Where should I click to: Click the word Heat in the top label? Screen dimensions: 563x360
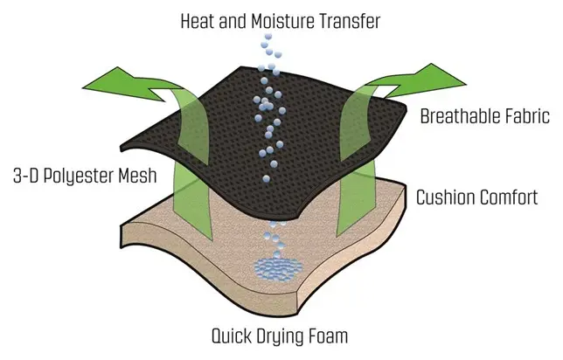198,21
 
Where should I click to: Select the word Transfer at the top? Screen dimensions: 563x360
350,21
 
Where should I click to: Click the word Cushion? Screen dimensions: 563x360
445,197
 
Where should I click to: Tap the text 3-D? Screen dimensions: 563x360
25,176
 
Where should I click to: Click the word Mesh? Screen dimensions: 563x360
138,176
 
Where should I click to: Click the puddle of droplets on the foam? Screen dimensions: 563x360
279,269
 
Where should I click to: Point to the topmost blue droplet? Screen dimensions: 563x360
268,36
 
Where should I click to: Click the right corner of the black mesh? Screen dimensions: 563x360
407,107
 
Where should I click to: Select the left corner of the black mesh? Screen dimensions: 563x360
121,148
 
